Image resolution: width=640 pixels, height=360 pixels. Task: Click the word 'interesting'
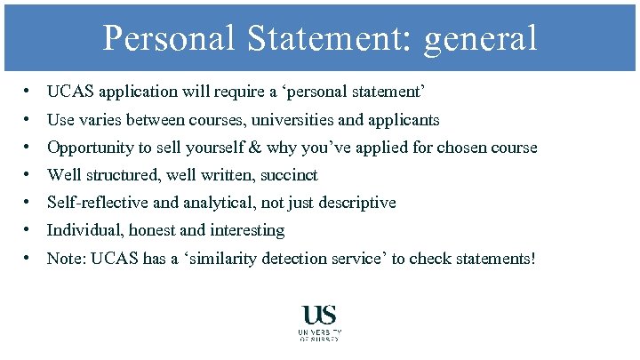pos(247,230)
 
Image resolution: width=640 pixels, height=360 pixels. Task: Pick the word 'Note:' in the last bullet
pos(66,258)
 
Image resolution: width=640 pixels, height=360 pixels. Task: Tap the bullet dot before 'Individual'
pos(29,230)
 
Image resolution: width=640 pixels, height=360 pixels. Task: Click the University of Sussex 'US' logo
pos(319,316)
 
